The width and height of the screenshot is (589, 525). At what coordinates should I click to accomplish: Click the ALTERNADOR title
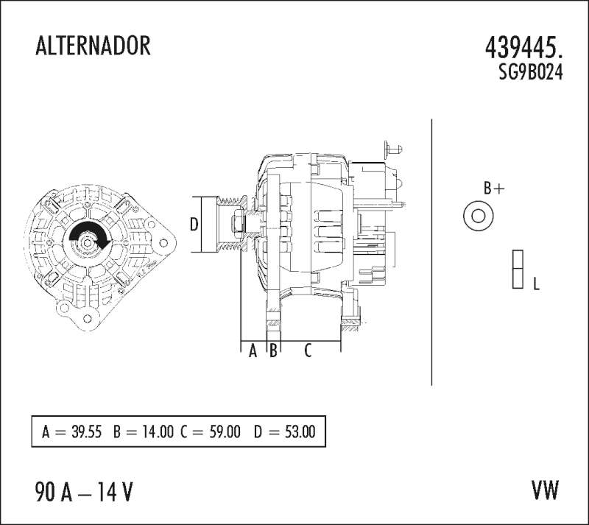(93, 46)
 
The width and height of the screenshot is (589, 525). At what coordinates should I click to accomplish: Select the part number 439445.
(524, 49)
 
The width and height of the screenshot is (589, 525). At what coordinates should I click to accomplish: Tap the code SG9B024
(531, 71)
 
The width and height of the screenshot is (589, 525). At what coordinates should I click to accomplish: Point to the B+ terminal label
(494, 188)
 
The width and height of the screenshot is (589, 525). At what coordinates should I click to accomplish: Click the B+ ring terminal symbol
(478, 216)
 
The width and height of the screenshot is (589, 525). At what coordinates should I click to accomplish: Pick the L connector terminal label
(537, 283)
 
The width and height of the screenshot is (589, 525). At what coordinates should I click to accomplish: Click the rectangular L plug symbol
(518, 269)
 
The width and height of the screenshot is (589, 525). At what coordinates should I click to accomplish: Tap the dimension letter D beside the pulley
(194, 225)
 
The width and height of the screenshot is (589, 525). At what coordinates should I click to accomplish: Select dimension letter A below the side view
(253, 351)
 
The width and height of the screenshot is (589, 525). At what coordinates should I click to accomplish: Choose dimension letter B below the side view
(273, 351)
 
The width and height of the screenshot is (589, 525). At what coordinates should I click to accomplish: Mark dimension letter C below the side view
(308, 350)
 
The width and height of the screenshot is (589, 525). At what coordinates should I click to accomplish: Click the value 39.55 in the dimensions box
(86, 431)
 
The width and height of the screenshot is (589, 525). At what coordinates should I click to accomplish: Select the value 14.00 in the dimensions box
(158, 431)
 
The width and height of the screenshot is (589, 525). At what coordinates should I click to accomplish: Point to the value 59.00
(225, 431)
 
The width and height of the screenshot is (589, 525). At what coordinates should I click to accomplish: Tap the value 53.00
(300, 431)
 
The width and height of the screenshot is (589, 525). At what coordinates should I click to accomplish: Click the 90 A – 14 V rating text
(84, 492)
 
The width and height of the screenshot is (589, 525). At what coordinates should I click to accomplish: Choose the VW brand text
(545, 490)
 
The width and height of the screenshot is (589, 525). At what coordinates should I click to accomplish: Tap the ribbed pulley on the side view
(232, 225)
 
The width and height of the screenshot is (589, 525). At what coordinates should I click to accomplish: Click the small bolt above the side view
(393, 149)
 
